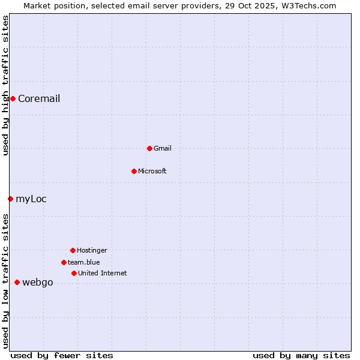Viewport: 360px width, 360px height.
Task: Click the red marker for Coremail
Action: point(13,98)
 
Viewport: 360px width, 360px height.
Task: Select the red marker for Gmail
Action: point(149,148)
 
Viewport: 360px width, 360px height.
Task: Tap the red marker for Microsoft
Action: point(134,171)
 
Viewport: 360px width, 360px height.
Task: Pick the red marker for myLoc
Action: point(10,199)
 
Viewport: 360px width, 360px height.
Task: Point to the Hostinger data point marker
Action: point(73,250)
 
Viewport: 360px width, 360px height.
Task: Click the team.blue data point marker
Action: point(64,262)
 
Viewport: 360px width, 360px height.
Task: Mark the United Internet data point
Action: point(74,273)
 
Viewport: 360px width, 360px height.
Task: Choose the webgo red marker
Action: point(17,282)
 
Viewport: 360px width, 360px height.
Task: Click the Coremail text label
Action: point(39,99)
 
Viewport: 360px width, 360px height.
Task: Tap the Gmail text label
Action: point(162,149)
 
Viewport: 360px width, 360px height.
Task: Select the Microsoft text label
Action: point(152,172)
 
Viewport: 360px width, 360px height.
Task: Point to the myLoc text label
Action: point(31,199)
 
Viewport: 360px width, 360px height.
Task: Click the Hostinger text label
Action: point(92,251)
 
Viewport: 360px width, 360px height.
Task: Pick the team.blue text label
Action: point(83,263)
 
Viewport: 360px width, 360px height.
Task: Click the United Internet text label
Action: point(102,274)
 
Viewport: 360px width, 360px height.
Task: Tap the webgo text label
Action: point(38,283)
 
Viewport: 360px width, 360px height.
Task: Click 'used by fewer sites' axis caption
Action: point(62,356)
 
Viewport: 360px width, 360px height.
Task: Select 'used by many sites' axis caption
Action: point(301,356)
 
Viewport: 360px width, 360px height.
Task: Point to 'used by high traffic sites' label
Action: point(6,85)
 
